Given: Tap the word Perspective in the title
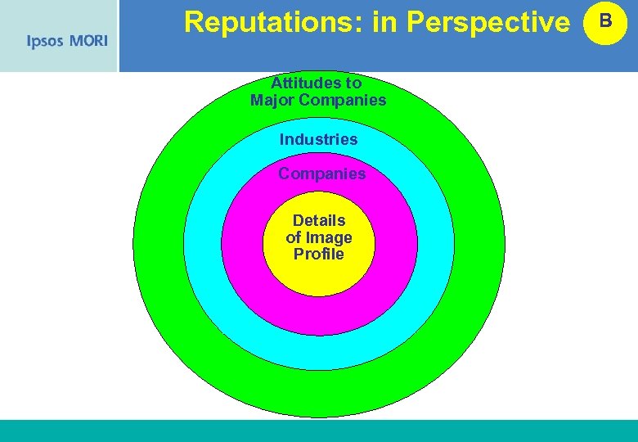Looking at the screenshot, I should coord(487,23).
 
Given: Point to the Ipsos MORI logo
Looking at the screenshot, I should coord(67,41).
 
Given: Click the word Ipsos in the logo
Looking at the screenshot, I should coord(45,42).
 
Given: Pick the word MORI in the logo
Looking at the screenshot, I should coord(88,41).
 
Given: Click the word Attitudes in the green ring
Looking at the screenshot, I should coord(305,83).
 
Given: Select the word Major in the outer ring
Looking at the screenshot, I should coord(272,100).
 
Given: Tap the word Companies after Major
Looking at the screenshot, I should coord(342,100).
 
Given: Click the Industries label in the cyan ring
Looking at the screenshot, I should coord(318,139).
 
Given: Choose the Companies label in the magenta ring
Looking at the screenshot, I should coord(321,174).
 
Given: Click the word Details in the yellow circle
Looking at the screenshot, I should coord(319,220).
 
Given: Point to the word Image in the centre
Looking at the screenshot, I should coord(329,237).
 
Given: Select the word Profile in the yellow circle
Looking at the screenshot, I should coord(319,254).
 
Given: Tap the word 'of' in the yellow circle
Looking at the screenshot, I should coord(294,237).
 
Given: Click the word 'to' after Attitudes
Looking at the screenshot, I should coord(353,83).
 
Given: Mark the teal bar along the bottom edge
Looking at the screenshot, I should coord(319,431).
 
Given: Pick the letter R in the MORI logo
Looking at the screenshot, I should coord(97,41).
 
